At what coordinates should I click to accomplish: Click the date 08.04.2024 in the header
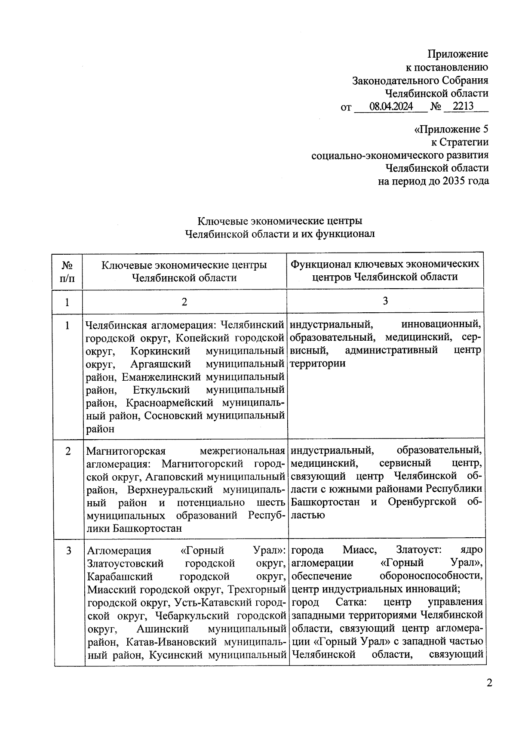(391, 106)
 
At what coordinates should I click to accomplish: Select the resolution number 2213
(463, 106)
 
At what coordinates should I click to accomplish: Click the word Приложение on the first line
(458, 54)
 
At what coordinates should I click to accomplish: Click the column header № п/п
(67, 271)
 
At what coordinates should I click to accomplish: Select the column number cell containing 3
(385, 301)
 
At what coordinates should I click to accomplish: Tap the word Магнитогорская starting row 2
(126, 451)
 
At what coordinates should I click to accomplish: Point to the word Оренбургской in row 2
(422, 502)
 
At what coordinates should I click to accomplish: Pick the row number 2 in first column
(68, 451)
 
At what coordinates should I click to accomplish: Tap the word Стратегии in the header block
(464, 142)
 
